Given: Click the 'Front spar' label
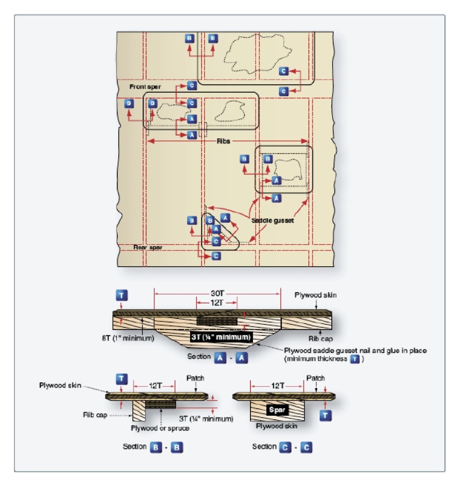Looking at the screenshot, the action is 145,87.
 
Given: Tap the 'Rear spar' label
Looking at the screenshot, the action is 148,247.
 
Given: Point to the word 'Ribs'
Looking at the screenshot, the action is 224,142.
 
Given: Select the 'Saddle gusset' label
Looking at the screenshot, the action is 272,220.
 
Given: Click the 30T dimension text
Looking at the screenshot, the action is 218,293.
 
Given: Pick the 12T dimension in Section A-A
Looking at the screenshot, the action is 217,303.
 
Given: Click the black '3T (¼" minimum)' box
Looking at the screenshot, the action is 221,337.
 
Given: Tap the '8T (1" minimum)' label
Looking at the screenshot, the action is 128,338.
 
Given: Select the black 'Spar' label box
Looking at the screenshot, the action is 277,410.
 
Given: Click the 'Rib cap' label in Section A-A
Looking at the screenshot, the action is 320,338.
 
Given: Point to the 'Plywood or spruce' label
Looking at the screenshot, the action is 160,428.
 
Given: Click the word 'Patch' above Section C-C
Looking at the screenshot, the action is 315,378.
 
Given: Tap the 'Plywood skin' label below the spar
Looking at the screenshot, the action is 276,426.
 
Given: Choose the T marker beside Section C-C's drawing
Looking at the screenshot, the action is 325,415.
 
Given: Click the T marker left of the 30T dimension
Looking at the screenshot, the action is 122,295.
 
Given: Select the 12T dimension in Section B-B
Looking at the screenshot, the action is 155,386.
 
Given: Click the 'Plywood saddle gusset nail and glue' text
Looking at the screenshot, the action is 355,350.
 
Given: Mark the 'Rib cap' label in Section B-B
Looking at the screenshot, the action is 95,415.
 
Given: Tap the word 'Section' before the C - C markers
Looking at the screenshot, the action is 264,447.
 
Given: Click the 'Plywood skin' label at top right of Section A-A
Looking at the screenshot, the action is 315,295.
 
